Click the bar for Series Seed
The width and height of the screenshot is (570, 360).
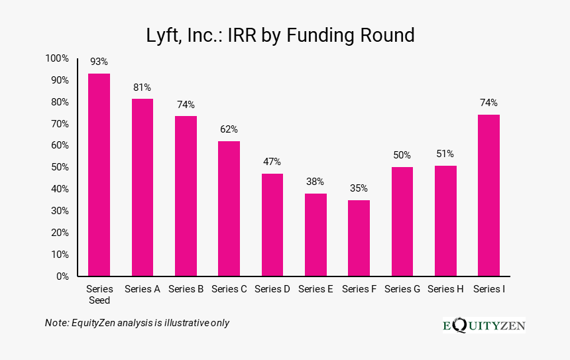pyautogui.click(x=99, y=174)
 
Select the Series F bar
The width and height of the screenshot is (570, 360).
pyautogui.click(x=359, y=238)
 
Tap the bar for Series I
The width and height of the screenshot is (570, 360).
pyautogui.click(x=488, y=195)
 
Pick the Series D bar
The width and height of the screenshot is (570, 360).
pyautogui.click(x=272, y=225)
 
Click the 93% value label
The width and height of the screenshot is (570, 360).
pyautogui.click(x=99, y=62)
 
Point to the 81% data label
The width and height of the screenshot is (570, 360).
pyautogui.click(x=142, y=87)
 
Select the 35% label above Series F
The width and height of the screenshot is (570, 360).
pyautogui.click(x=359, y=188)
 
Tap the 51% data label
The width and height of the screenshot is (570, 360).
pyautogui.click(x=445, y=154)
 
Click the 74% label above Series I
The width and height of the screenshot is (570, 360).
pyautogui.click(x=488, y=103)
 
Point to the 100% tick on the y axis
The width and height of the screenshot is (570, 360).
pyautogui.click(x=57, y=58)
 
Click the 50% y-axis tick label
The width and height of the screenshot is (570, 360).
pyautogui.click(x=59, y=167)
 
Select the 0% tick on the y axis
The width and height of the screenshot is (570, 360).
pyautogui.click(x=62, y=276)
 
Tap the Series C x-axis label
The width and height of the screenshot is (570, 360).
pyautogui.click(x=229, y=289)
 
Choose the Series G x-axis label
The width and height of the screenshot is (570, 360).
pyautogui.click(x=402, y=289)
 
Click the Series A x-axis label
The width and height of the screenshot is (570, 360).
pyautogui.click(x=142, y=289)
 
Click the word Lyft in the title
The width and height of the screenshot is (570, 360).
pyautogui.click(x=162, y=35)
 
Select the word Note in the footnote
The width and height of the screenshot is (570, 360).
pyautogui.click(x=56, y=322)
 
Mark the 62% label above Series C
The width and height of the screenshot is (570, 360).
pyautogui.click(x=229, y=129)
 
